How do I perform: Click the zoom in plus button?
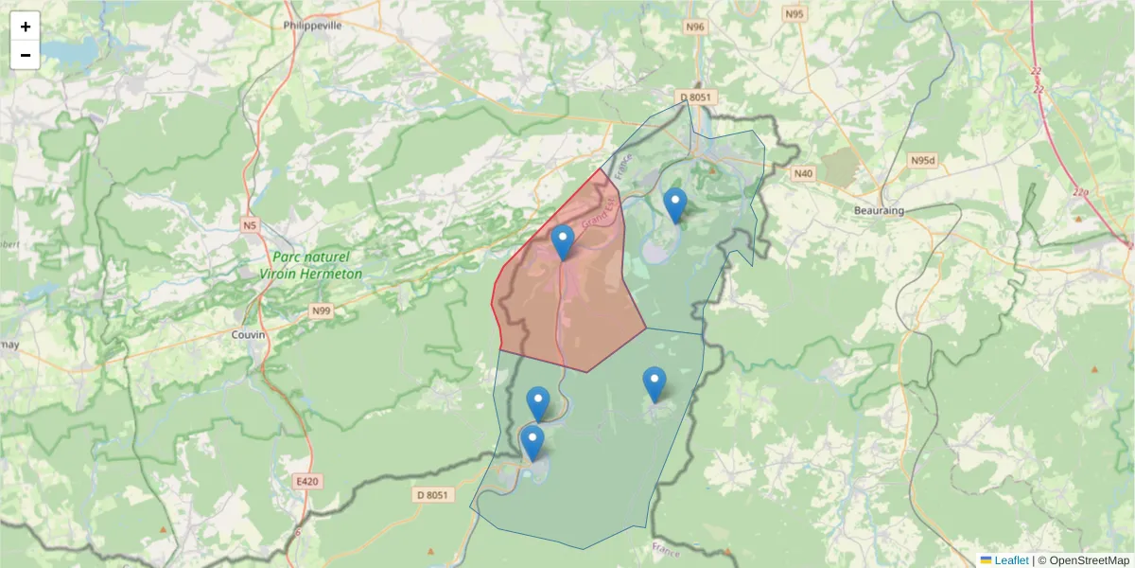pos(26,27)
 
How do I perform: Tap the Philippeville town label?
pos(312,26)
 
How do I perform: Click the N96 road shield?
pos(696,27)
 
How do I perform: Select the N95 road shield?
pos(794,14)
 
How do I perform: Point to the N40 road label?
pos(803,173)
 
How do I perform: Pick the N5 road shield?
pos(249,225)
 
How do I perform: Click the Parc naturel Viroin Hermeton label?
pos(311,265)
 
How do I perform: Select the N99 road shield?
pos(322,310)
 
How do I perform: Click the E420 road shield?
pos(307,482)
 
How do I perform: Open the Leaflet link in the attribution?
pos(1011,560)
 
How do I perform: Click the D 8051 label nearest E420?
pos(434,494)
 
